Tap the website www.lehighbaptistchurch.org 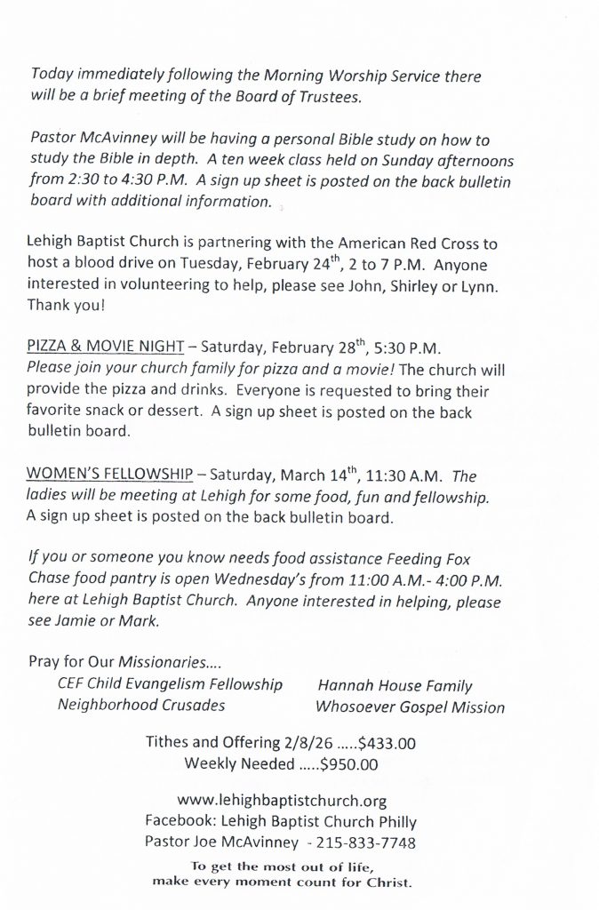[282, 801]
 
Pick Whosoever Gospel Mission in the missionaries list [410, 707]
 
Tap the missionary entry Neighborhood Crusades [141, 706]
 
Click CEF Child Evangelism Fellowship [170, 684]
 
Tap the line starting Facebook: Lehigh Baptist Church [280, 821]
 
